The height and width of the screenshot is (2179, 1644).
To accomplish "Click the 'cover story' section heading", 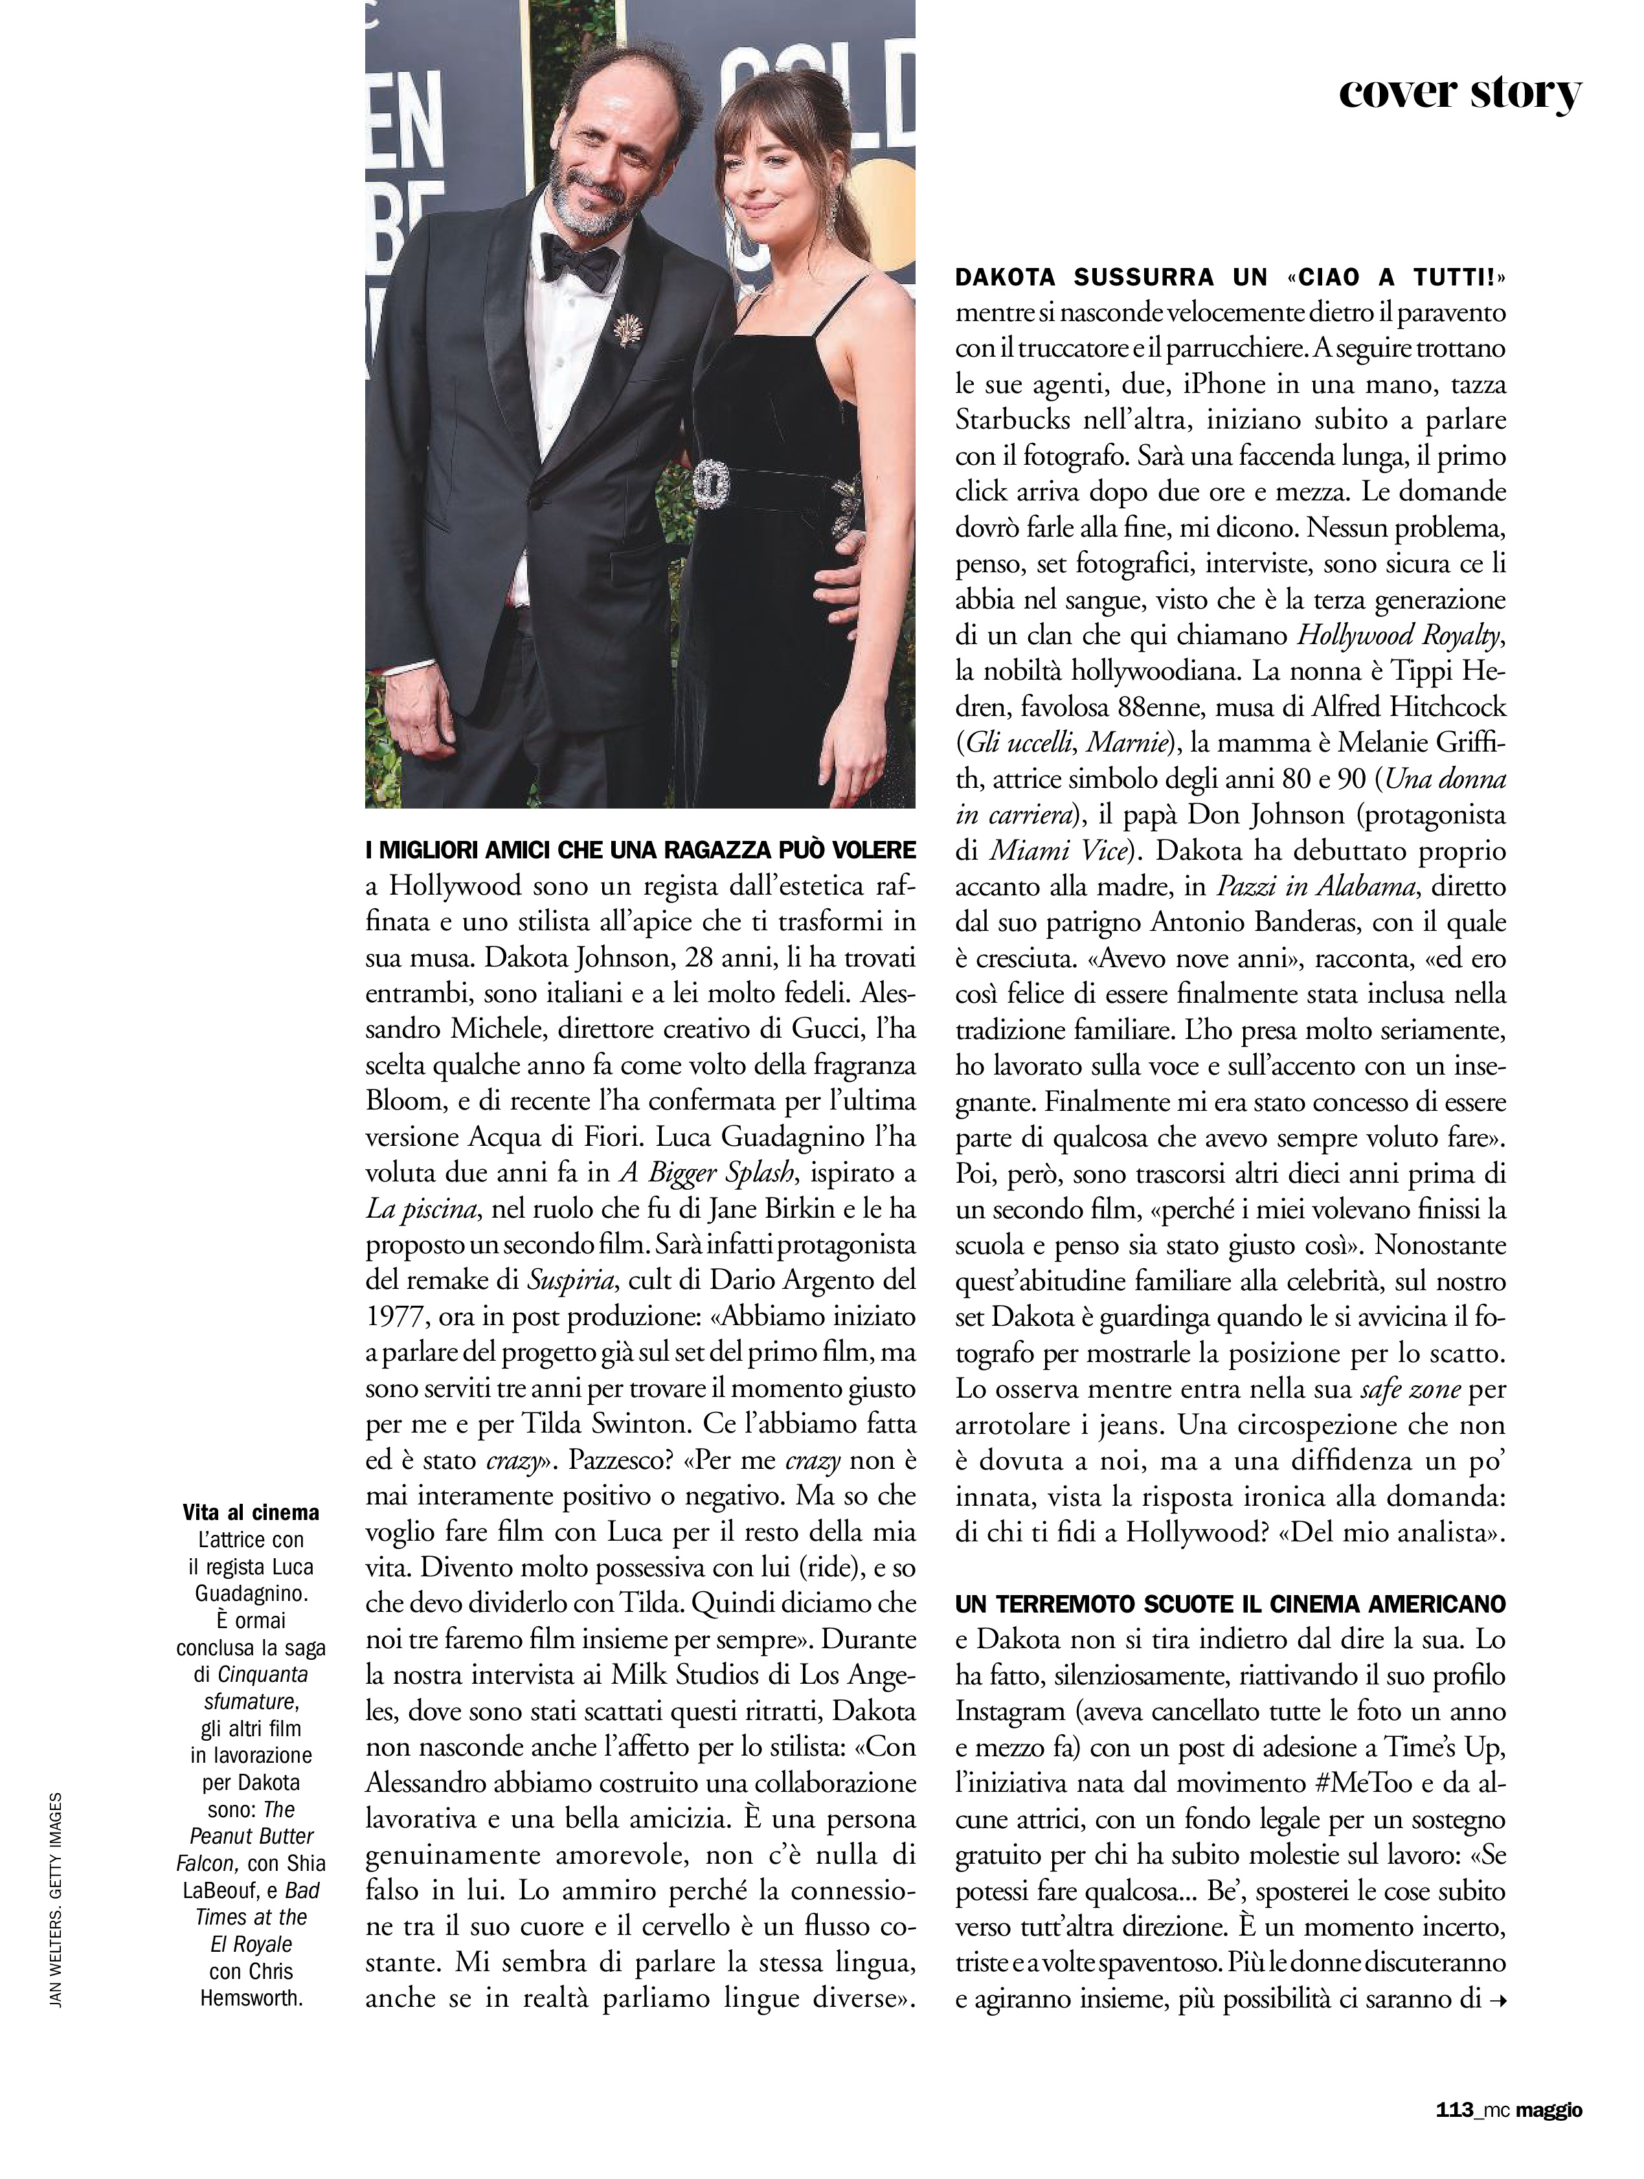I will tap(1460, 94).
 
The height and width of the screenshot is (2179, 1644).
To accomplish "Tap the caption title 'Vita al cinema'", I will tap(251, 1512).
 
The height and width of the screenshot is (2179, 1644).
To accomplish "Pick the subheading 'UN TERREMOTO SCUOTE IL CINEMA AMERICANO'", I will tap(1230, 1603).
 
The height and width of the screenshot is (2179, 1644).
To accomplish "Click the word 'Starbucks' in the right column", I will tap(1015, 419).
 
